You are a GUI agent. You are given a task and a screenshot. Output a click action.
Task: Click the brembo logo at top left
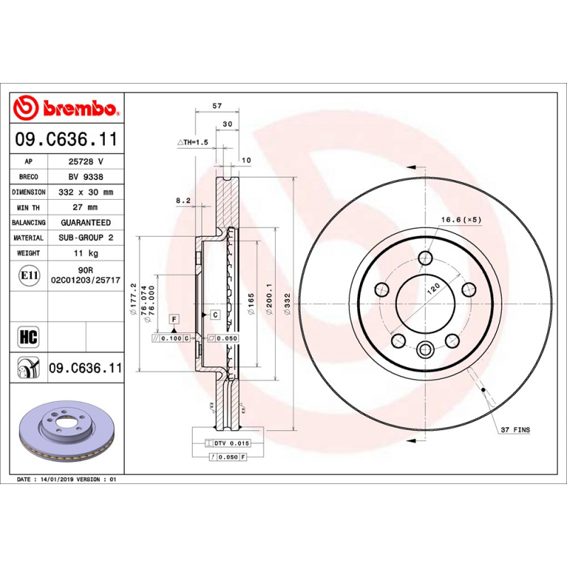65,108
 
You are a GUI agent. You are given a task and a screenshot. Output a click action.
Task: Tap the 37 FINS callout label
515,430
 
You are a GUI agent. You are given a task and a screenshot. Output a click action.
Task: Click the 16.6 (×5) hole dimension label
461,220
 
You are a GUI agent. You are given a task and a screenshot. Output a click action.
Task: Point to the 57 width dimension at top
218,106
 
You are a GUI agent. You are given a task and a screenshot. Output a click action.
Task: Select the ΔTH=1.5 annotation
192,142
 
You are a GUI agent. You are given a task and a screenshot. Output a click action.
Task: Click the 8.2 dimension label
183,201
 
